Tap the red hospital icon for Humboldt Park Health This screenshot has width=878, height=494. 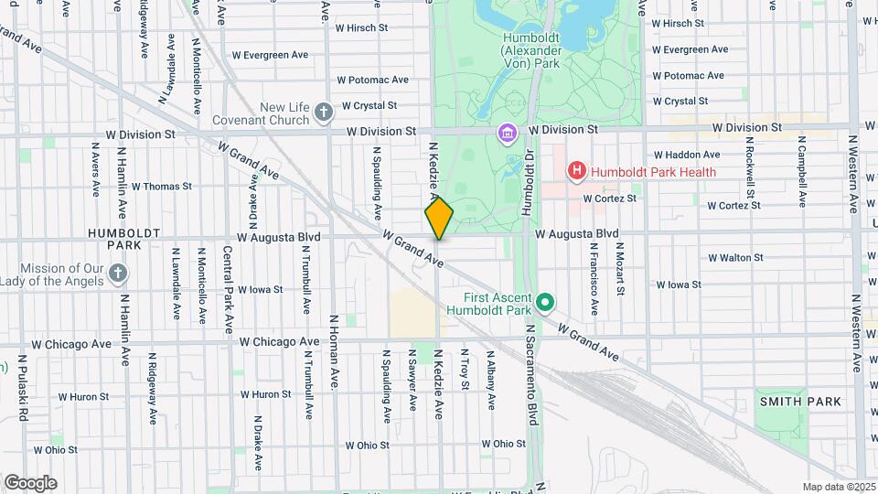click(x=576, y=170)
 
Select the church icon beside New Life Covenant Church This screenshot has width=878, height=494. click(x=323, y=113)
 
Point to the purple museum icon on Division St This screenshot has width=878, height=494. click(x=507, y=135)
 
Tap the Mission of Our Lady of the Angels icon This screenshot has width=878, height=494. click(x=117, y=274)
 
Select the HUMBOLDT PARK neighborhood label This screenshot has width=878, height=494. click(x=113, y=239)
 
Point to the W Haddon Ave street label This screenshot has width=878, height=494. click(x=688, y=155)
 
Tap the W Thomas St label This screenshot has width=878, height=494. click(x=161, y=186)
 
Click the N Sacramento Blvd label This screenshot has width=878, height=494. click(x=530, y=366)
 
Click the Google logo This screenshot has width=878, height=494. click(x=30, y=482)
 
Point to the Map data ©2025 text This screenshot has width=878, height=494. click(x=837, y=487)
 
